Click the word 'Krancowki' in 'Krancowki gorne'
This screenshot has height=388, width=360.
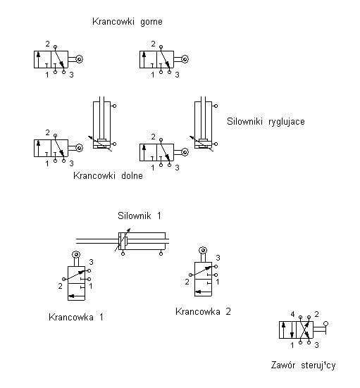[x=113, y=22]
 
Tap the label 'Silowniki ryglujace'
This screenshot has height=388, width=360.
[x=266, y=122]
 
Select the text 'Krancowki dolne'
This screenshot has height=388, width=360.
[x=108, y=175]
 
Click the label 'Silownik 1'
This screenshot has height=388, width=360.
[x=139, y=215]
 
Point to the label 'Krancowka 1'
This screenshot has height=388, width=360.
[x=76, y=317]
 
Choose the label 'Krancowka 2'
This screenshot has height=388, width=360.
[x=203, y=311]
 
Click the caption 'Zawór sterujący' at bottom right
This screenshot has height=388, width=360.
[x=304, y=365]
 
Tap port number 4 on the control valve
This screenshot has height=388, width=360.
[x=292, y=314]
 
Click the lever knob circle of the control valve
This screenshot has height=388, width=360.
[x=326, y=324]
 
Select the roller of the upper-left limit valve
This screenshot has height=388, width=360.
[x=79, y=59]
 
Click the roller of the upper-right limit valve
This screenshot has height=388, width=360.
[x=185, y=59]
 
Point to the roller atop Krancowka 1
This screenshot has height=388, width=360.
[x=76, y=255]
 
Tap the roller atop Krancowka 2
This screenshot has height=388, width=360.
[x=203, y=251]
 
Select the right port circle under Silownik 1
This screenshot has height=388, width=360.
[x=161, y=254]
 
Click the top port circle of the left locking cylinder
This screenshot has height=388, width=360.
[x=114, y=106]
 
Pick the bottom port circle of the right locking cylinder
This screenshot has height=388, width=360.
[x=216, y=144]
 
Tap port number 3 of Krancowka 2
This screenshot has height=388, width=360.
[x=218, y=258]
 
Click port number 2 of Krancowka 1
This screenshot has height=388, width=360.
[x=60, y=286]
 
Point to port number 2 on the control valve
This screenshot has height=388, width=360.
[x=316, y=314]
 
